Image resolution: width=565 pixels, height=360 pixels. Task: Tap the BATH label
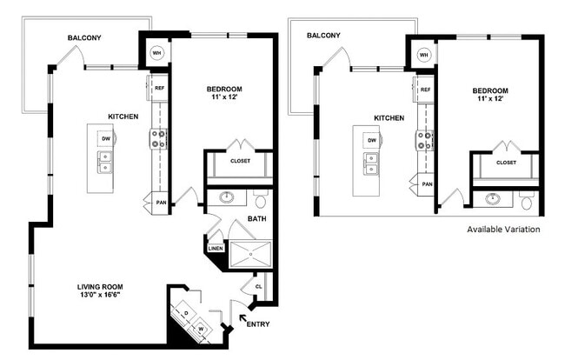pos(256,219)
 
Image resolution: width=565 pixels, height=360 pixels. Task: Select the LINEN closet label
pos(216,249)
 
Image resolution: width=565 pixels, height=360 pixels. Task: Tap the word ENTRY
pos(259,325)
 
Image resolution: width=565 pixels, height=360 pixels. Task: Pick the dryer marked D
pos(187,313)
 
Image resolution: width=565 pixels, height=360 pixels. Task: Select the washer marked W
pos(202,329)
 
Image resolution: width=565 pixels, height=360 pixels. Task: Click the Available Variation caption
pos(503,230)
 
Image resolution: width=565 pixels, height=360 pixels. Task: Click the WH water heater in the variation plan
pos(423,54)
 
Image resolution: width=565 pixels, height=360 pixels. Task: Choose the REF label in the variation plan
pos(425,89)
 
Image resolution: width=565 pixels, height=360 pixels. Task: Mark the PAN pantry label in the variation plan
pos(427,183)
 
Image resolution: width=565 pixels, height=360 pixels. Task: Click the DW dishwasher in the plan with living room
pos(105,138)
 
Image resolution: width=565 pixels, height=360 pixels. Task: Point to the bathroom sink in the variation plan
pos(493,199)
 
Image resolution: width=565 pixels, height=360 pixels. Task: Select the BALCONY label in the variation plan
pos(322,36)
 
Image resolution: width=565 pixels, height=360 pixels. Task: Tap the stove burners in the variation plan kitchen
pos(425,139)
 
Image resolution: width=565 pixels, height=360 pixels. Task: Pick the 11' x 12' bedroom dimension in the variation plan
pos(490,99)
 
